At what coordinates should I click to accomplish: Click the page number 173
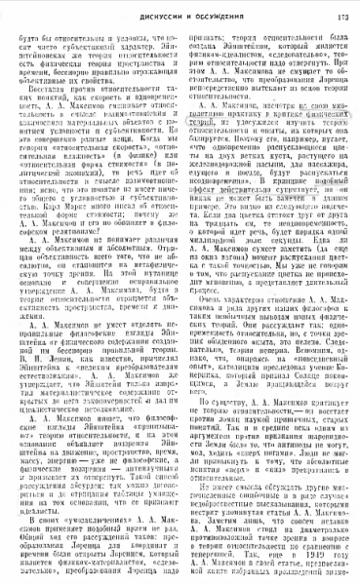click(x=342, y=13)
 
